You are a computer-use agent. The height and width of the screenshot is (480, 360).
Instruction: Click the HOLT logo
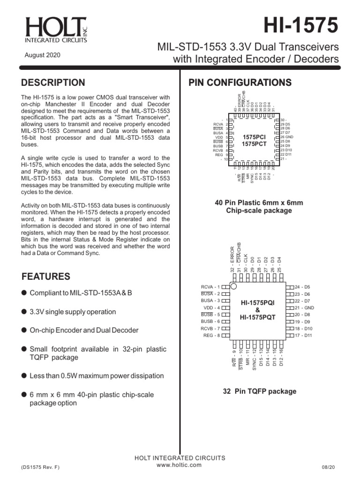tap(56, 31)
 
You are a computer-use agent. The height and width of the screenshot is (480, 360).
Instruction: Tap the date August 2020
tap(42, 55)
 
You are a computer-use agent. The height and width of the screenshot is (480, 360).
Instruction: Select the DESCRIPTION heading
tap(53, 83)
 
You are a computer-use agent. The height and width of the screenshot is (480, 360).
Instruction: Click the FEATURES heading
tap(46, 276)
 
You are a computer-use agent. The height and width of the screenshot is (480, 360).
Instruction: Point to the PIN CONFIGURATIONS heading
tap(240, 83)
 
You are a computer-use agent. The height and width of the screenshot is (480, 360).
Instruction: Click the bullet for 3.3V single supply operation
tap(24, 312)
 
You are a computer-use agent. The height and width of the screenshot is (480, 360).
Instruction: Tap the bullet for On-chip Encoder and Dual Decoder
tap(24, 330)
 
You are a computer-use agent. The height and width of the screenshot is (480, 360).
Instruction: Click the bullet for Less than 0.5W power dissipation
tap(24, 375)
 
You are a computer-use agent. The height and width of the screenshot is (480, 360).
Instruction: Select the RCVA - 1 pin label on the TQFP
tap(210, 286)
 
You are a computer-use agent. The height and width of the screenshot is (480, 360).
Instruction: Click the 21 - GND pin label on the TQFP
tap(304, 307)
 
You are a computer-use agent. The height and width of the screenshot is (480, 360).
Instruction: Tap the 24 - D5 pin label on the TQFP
tap(302, 286)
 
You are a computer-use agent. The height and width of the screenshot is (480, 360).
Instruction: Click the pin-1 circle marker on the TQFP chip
tap(234, 286)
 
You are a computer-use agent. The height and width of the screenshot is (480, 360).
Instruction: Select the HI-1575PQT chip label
tap(258, 317)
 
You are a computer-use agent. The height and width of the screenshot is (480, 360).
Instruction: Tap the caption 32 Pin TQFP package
tap(259, 391)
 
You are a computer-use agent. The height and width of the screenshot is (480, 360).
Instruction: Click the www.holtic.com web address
tap(180, 465)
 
